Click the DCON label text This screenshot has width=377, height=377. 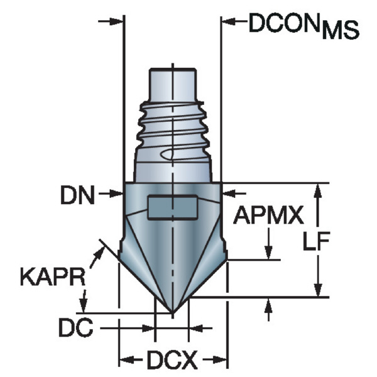pos(285,23)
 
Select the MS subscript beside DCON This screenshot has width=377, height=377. pos(341,30)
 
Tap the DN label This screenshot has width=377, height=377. pos(78,195)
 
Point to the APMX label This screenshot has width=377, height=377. pos(268,215)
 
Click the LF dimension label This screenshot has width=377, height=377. pos(315,241)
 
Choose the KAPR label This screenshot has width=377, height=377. pos(53,276)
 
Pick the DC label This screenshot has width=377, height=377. pos(76,327)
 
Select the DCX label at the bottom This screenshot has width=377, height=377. pos(172,360)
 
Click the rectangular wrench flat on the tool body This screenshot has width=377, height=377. pos(172,207)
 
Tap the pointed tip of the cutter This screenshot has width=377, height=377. pos(172,313)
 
